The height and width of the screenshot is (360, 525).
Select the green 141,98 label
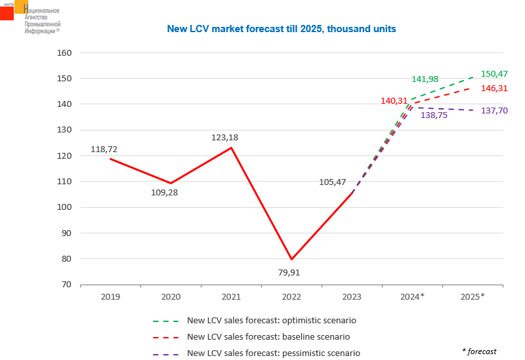[425, 79]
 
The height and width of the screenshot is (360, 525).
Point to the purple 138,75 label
[434, 115]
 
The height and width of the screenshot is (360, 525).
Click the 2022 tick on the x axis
[291, 297]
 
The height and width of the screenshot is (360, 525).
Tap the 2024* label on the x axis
[412, 297]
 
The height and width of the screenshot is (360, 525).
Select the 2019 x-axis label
[110, 297]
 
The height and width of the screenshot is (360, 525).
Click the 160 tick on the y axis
[64, 52]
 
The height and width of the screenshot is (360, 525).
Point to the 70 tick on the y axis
[67, 285]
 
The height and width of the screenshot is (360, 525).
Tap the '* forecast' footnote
[480, 351]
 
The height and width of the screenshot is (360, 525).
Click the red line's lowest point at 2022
[291, 259]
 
